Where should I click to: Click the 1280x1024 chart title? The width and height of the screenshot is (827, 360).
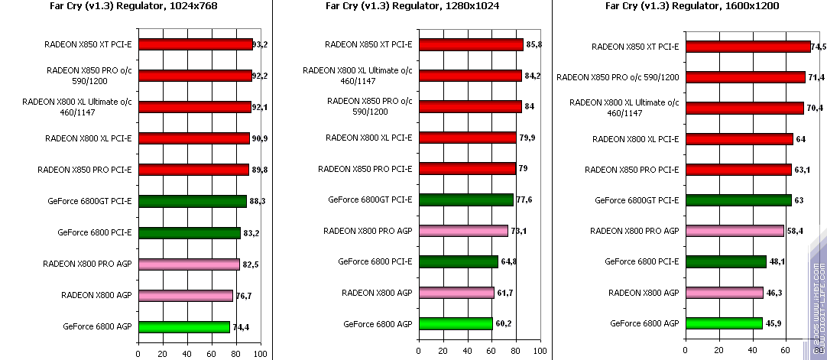[x=413, y=6]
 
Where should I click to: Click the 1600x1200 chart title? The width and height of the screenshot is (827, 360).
[x=686, y=6]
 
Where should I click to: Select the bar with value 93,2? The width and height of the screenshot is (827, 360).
[x=195, y=44]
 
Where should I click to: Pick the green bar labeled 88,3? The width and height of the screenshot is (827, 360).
[x=192, y=202]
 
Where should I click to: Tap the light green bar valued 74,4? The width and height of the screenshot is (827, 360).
[x=183, y=327]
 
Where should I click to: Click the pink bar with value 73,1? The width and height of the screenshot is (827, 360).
[x=463, y=230]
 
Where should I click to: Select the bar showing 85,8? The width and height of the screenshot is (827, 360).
[x=471, y=44]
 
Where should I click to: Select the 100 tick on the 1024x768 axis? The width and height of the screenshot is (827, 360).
[x=260, y=354]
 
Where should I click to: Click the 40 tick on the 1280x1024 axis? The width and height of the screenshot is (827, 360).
[x=467, y=351]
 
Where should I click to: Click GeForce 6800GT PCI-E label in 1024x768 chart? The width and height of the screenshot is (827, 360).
[x=89, y=202]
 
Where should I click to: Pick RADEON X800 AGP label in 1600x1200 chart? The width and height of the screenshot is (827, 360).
[x=644, y=293]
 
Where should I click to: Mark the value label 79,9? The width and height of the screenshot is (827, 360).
[x=530, y=138]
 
